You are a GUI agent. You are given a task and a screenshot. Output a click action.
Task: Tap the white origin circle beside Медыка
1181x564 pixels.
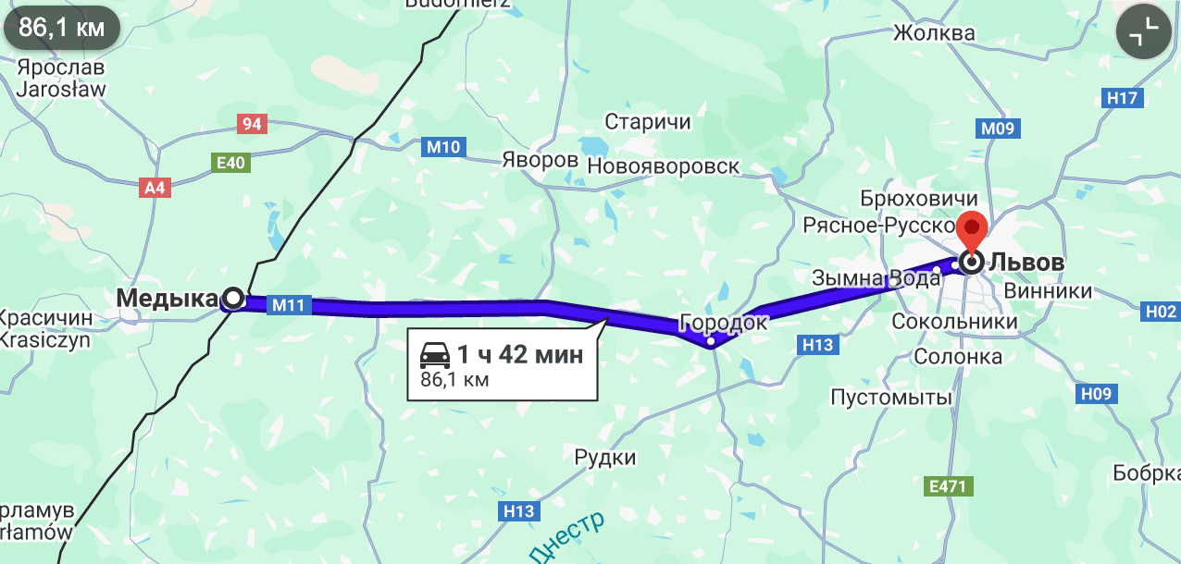(x=234, y=298)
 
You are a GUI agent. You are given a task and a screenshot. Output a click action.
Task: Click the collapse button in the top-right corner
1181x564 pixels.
(x=1143, y=33)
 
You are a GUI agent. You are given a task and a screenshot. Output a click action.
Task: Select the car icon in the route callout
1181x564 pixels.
(x=434, y=355)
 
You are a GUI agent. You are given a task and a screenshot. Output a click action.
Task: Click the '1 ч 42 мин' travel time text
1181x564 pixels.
(x=520, y=354)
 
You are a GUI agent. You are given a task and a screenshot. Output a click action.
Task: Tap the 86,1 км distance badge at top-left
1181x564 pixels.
(x=61, y=28)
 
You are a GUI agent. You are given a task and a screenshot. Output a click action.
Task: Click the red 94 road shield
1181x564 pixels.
(x=251, y=124)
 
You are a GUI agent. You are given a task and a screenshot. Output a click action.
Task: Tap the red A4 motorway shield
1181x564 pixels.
(x=155, y=188)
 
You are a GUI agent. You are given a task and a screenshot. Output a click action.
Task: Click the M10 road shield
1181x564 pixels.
(x=444, y=146)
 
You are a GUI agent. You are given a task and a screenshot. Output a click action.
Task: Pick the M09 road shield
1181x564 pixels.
(x=998, y=129)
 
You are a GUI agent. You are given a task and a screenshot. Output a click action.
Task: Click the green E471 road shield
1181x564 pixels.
(x=947, y=484)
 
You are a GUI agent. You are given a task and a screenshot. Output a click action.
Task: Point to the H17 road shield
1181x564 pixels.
(x=1125, y=98)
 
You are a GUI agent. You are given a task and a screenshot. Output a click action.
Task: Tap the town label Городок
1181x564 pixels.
(x=723, y=323)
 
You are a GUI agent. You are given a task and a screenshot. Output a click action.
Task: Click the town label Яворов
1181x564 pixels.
(x=540, y=160)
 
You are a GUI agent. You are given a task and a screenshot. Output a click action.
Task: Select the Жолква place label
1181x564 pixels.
(x=934, y=34)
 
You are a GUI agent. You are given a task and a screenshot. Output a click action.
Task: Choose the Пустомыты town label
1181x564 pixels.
(x=891, y=398)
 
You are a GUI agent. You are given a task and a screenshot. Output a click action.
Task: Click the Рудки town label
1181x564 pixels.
(x=605, y=457)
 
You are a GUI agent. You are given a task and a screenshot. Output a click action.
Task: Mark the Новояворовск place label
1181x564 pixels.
(x=664, y=166)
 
